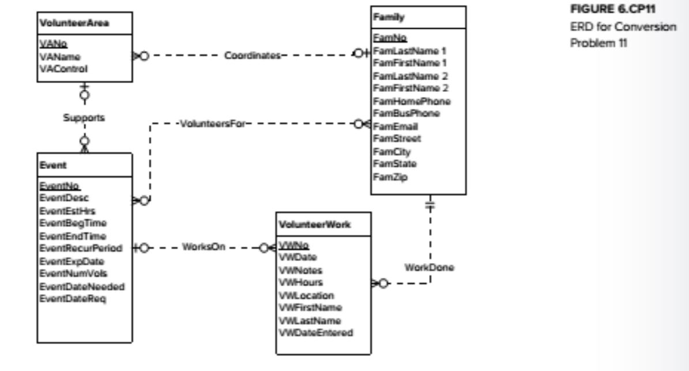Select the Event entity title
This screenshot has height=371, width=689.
tap(48, 165)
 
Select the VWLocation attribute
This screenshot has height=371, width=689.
tap(306, 295)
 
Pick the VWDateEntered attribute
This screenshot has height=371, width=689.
tap(315, 332)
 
